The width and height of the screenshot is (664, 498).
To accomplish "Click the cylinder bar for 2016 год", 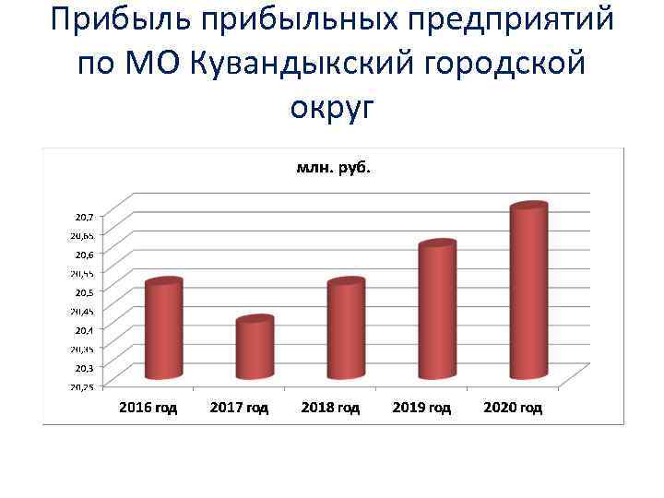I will pyautogui.click(x=164, y=330).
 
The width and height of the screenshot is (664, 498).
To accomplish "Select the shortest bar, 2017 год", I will pyautogui.click(x=255, y=349).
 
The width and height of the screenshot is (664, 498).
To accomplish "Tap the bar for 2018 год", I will pyautogui.click(x=346, y=330).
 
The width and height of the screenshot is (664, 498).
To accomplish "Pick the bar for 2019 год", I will pyautogui.click(x=436, y=311).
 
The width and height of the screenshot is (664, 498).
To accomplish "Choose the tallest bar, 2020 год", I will pyautogui.click(x=528, y=291).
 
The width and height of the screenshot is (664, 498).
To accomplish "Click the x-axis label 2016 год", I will pyautogui.click(x=148, y=407).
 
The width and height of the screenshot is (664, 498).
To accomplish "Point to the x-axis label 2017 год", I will pyautogui.click(x=239, y=407).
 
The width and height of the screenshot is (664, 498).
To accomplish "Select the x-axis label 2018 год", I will pyautogui.click(x=330, y=407).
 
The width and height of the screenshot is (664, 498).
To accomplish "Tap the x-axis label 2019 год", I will pyautogui.click(x=421, y=407).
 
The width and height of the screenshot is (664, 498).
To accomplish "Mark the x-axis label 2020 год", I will pyautogui.click(x=513, y=407).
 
